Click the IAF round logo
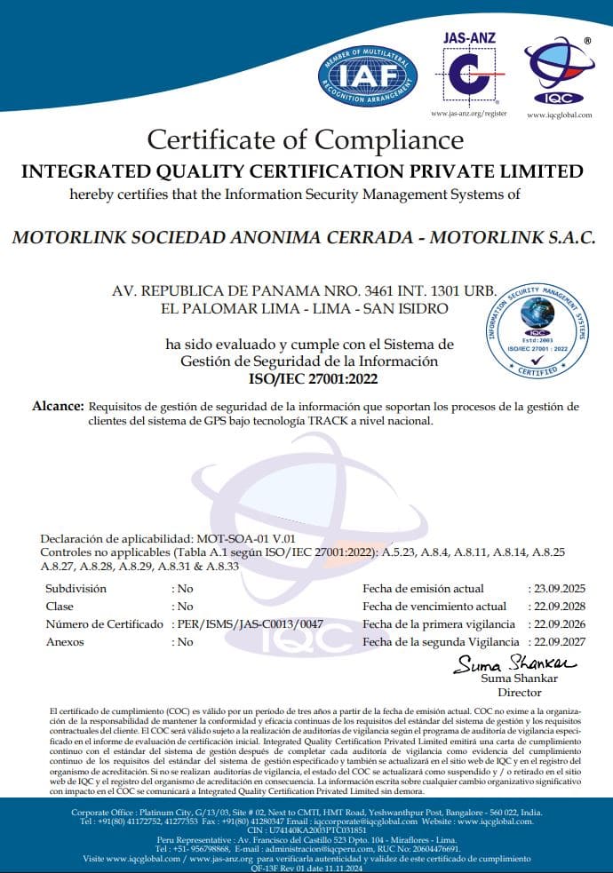click(x=367, y=75)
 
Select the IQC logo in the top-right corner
click(x=557, y=69)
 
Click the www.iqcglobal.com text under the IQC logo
click(x=559, y=115)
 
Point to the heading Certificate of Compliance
click(x=305, y=139)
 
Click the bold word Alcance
click(x=58, y=405)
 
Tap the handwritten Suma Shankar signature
click(x=515, y=663)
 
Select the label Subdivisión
click(x=76, y=589)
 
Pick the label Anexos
click(x=64, y=641)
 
